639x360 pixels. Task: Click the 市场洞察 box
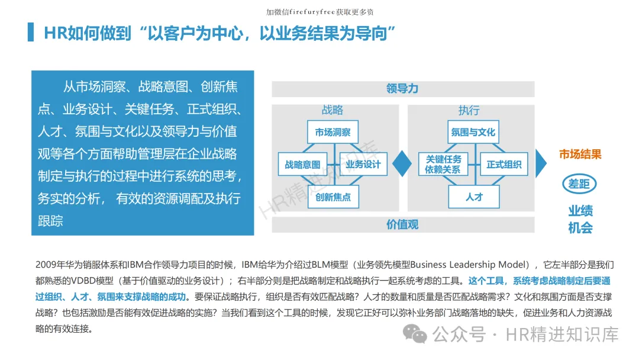333,132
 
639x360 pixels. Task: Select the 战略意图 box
302,165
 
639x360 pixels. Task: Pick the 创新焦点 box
333,197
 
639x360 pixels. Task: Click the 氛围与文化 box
473,132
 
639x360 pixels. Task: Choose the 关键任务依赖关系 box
443,164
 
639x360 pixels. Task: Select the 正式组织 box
504,165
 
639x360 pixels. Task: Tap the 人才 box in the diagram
474,197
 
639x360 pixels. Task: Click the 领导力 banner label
402,89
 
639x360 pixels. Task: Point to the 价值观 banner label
402,224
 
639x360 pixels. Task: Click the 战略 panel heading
333,111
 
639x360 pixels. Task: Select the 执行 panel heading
469,111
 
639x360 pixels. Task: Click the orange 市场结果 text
580,155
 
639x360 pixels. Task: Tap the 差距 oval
579,184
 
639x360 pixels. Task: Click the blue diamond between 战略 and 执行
402,163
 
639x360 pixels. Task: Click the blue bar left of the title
31,33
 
